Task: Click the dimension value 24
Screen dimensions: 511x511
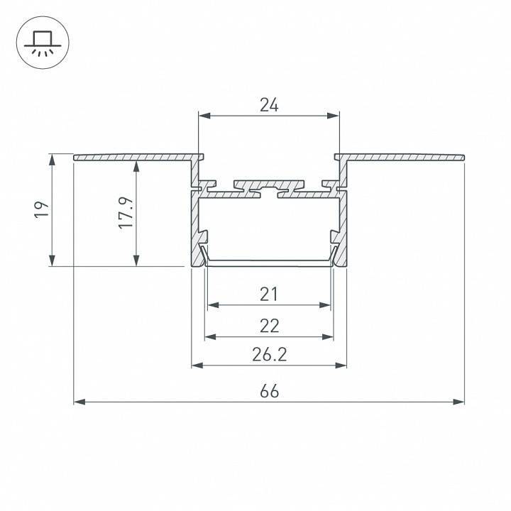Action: click(269, 105)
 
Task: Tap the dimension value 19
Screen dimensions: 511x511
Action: click(42, 209)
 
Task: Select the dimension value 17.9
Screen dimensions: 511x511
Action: click(126, 212)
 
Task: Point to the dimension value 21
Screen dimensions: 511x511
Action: click(269, 295)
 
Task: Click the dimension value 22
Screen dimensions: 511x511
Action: click(270, 326)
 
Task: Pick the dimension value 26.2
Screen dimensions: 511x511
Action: click(270, 355)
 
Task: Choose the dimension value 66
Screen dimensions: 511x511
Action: click(270, 391)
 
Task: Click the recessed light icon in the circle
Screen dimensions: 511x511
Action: click(43, 43)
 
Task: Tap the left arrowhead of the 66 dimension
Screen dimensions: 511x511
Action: click(79, 402)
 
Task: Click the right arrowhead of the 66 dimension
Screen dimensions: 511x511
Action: click(458, 402)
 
